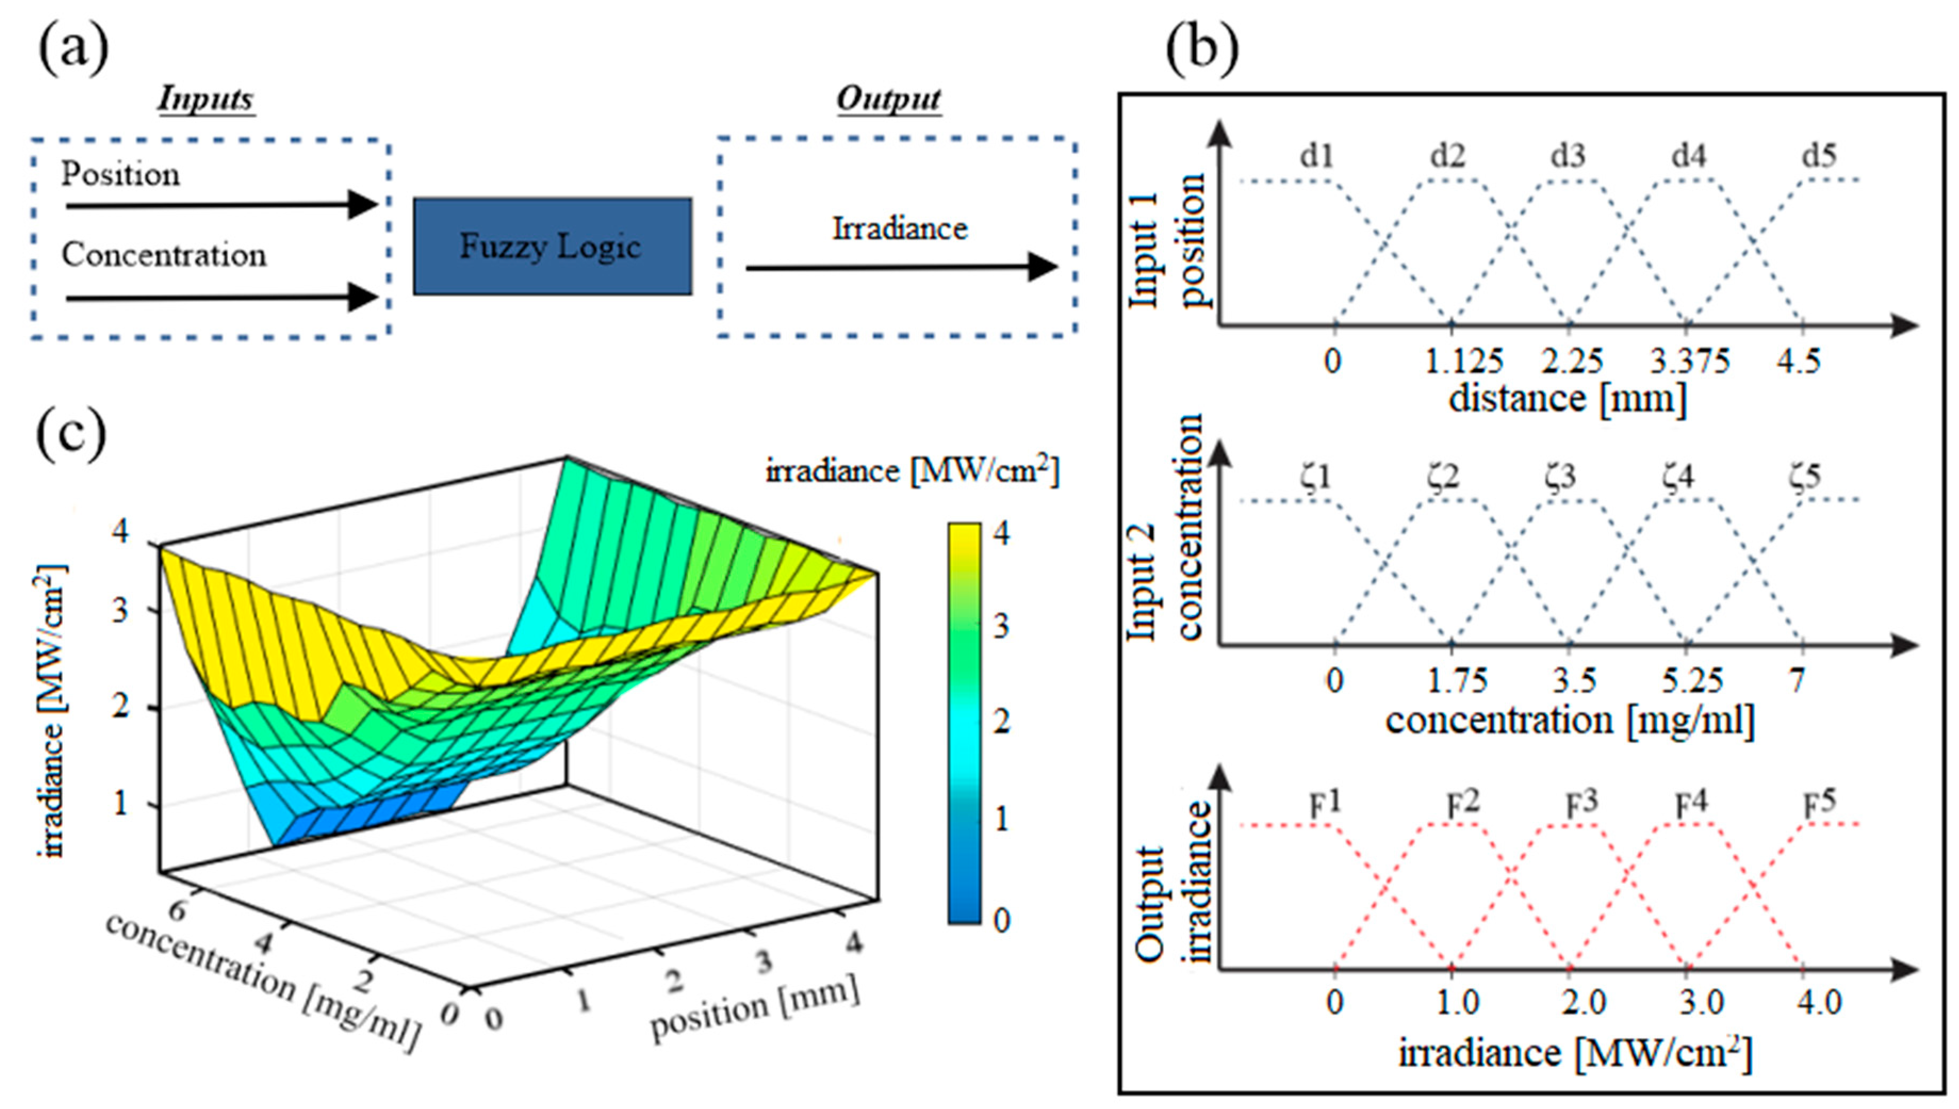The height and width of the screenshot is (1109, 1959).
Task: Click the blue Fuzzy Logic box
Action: [x=552, y=246]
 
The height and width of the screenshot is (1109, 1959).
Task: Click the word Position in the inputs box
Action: [x=120, y=174]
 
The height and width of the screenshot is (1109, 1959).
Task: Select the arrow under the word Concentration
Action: [x=221, y=297]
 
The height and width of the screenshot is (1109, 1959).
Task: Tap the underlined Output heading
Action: [x=889, y=99]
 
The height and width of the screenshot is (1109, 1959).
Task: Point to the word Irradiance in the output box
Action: [x=899, y=229]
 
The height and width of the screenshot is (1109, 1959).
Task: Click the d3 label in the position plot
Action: [x=1568, y=156]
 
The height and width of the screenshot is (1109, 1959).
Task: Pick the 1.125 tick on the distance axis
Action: [x=1463, y=360]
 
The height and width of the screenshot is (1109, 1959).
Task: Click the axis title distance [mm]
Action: [x=1567, y=399]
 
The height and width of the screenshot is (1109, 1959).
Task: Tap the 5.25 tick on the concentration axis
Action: [x=1692, y=680]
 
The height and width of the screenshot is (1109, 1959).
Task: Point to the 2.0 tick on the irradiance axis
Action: [x=1584, y=1002]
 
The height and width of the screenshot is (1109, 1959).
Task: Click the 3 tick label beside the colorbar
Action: [x=1001, y=626]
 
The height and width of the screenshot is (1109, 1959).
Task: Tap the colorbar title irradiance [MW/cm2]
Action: [x=912, y=471]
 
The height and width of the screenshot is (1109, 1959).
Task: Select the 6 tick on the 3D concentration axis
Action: [x=177, y=909]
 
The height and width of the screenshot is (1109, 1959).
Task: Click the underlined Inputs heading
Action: [x=206, y=99]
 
